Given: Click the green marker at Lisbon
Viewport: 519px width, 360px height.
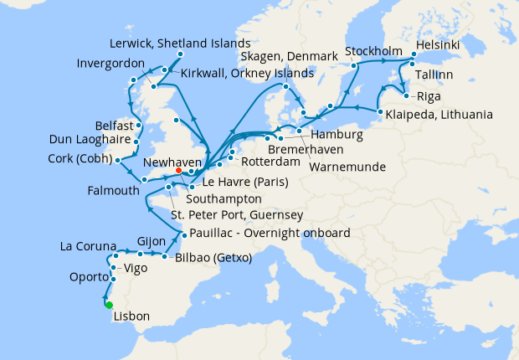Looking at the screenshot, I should [x=109, y=305].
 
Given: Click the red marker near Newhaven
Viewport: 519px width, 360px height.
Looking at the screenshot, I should [x=178, y=172].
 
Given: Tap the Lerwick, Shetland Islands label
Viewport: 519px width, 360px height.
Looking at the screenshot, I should [x=180, y=43].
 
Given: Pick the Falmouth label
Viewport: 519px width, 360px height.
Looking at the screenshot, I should [x=112, y=191].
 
